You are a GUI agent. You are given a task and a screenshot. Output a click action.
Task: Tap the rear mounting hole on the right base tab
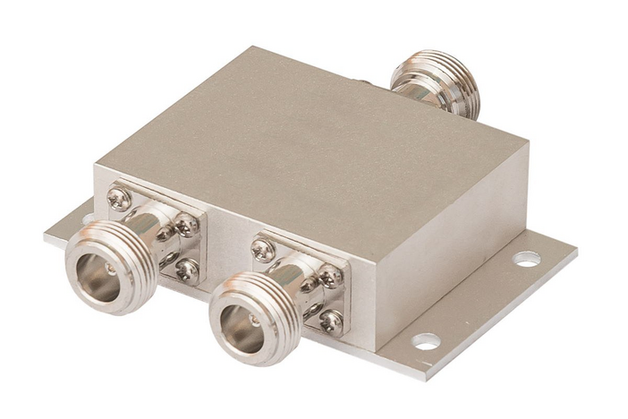tap(526, 259)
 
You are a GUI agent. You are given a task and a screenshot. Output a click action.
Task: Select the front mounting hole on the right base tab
tap(426, 341)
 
